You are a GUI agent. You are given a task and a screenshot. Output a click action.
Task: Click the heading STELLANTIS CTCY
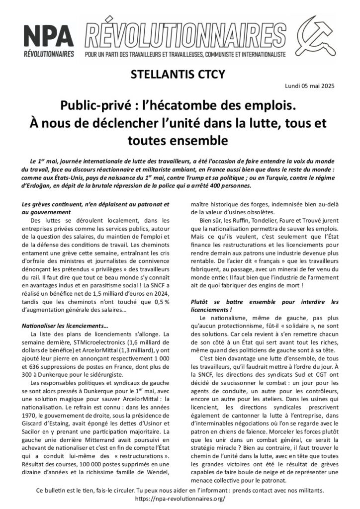[180, 75]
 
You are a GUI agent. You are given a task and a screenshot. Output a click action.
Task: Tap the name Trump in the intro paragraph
[214, 178]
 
